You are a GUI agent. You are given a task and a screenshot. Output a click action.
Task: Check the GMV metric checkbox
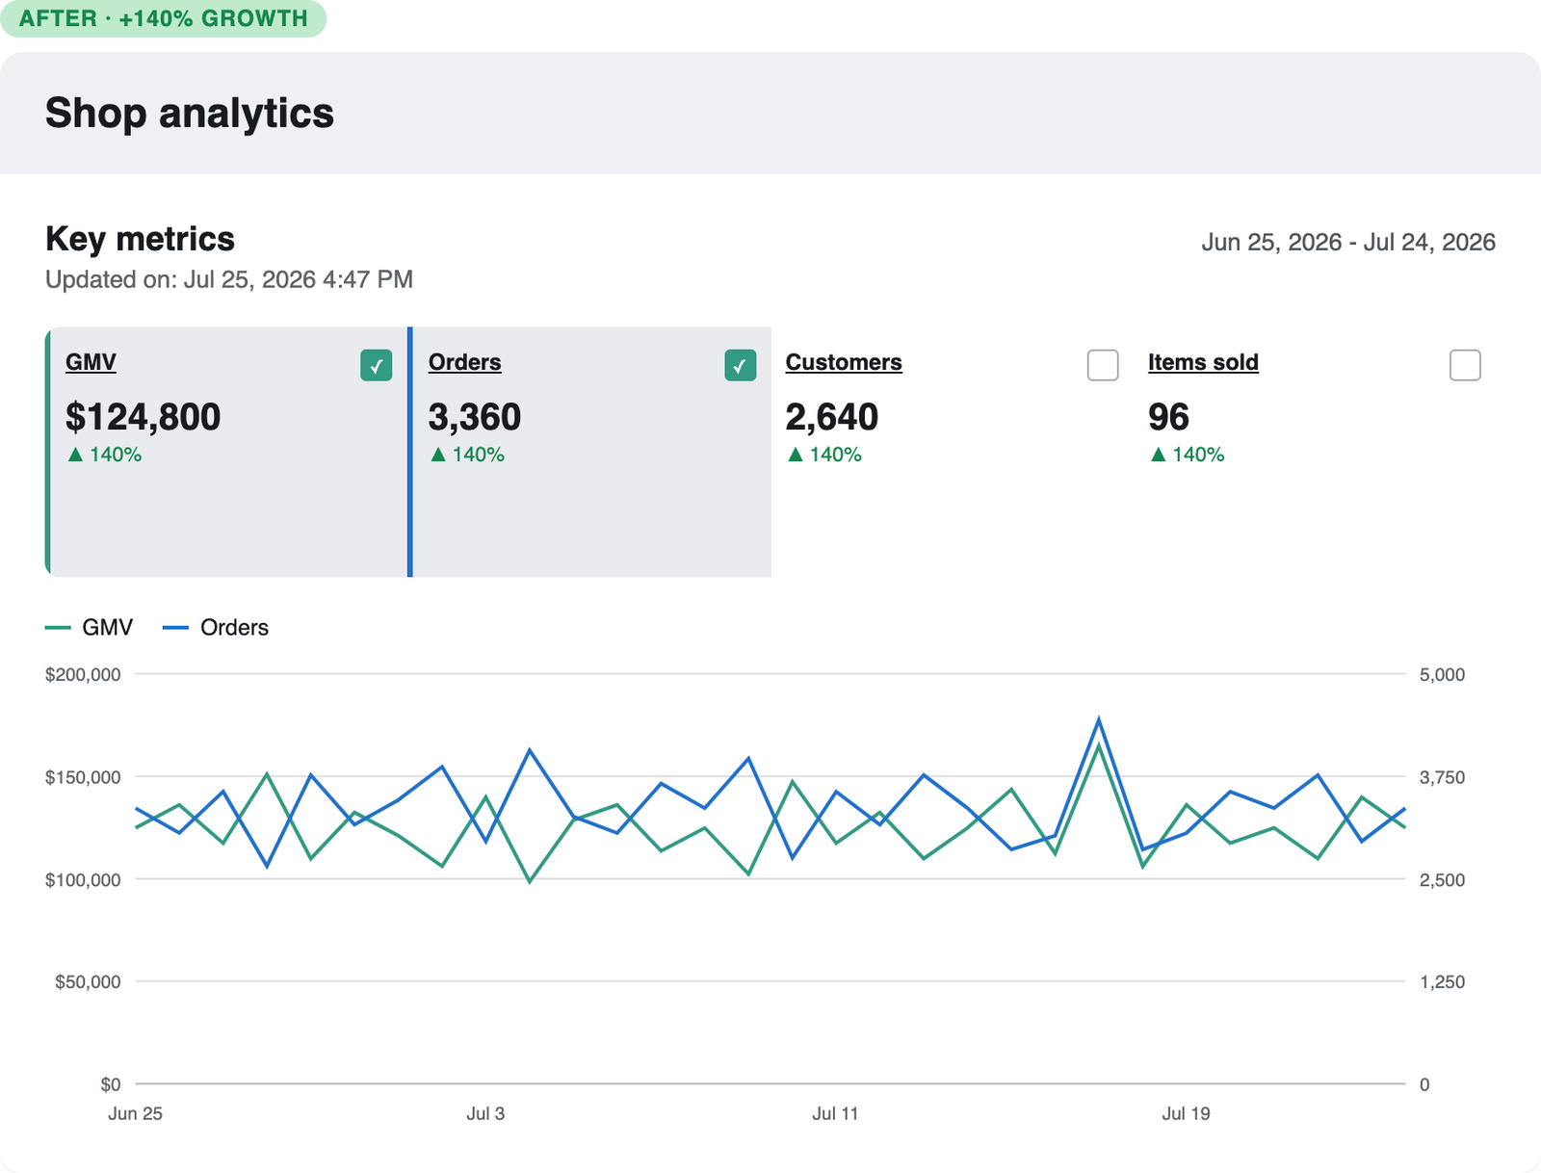(377, 365)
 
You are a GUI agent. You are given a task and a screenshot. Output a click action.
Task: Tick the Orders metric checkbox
(740, 365)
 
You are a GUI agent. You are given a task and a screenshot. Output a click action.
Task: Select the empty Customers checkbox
(1102, 365)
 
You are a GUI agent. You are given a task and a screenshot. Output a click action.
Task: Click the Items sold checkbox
(1465, 365)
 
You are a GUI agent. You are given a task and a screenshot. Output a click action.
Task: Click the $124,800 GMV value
(144, 417)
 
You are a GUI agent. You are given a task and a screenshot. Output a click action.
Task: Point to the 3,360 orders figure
(475, 417)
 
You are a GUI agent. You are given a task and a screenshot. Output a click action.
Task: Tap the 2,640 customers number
(832, 417)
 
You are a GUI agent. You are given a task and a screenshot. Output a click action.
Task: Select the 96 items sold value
(1169, 417)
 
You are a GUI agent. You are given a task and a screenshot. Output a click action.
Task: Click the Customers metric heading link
(844, 362)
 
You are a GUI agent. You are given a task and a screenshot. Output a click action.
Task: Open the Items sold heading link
(1203, 362)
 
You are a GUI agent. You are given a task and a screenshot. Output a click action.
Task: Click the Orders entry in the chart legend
(216, 627)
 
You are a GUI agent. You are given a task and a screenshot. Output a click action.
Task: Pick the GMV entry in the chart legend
(90, 627)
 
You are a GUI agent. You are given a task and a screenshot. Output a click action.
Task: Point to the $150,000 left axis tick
(83, 777)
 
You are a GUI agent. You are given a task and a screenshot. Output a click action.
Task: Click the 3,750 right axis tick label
(1442, 777)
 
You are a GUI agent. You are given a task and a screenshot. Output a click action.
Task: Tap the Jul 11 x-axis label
(835, 1113)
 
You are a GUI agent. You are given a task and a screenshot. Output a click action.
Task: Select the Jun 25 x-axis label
(135, 1113)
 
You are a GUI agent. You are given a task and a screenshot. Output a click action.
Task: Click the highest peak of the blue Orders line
(1099, 719)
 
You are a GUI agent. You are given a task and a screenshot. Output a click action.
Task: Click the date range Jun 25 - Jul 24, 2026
(1348, 242)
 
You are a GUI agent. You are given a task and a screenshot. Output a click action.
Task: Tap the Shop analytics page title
(190, 113)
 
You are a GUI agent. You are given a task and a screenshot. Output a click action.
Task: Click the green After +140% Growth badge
(163, 18)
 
